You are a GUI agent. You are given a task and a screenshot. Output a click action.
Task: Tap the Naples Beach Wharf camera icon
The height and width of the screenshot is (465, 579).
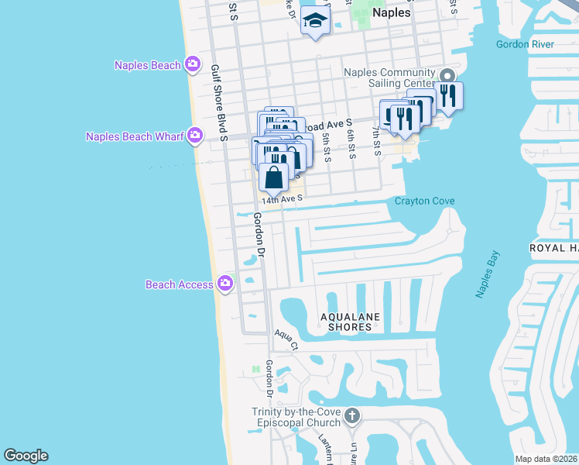(x=194, y=136)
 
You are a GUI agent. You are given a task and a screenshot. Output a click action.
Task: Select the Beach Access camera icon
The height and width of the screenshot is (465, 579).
(x=225, y=284)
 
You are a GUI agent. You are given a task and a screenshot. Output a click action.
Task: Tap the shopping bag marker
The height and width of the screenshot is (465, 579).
(x=275, y=178)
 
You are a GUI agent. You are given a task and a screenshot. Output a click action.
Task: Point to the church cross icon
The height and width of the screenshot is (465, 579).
(x=352, y=417)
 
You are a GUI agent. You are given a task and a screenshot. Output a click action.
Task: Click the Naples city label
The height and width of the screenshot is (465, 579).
(x=391, y=12)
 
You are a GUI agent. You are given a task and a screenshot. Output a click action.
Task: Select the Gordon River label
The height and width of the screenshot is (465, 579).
(x=526, y=44)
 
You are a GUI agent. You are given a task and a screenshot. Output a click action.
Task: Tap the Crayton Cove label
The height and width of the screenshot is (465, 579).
(x=424, y=201)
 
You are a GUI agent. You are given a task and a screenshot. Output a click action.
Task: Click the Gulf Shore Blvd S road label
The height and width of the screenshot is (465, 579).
(x=219, y=102)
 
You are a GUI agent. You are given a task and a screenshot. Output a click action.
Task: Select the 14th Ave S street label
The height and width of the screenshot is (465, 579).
(x=281, y=199)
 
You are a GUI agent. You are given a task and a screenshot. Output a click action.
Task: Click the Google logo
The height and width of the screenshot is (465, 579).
(x=26, y=456)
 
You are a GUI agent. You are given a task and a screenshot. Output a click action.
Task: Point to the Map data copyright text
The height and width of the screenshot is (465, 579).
(x=546, y=459)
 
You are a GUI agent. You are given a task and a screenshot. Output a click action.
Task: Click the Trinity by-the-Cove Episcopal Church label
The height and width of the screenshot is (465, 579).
(x=296, y=417)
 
